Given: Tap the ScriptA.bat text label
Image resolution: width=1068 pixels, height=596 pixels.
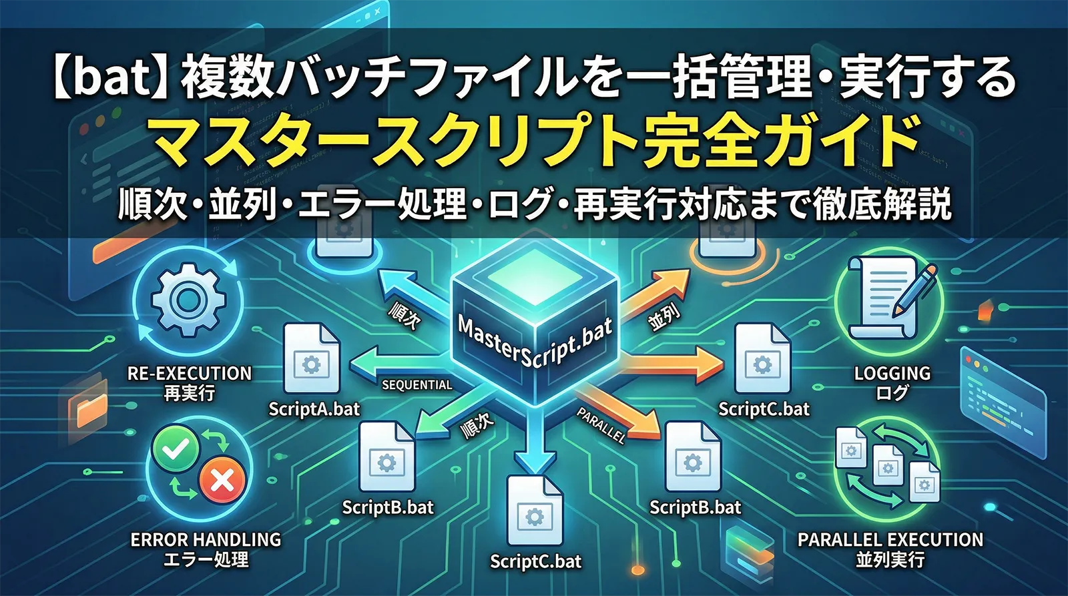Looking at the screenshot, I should tap(314, 408).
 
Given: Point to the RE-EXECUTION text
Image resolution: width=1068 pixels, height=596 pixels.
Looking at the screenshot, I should tap(190, 373).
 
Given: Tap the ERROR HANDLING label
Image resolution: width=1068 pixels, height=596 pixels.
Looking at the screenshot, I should tap(206, 539).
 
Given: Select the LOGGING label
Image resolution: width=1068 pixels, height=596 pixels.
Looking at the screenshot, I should tap(892, 373).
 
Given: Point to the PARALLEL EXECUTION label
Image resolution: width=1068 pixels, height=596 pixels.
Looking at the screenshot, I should tap(890, 539).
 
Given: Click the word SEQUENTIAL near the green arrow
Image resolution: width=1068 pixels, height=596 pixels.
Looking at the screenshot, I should tap(417, 385).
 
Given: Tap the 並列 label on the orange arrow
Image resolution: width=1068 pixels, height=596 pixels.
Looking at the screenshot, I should tap(663, 316).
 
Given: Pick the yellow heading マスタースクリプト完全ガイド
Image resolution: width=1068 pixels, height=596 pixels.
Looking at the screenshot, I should tap(534, 141).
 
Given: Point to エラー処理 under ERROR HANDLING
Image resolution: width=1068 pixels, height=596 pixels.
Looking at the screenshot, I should tap(206, 559).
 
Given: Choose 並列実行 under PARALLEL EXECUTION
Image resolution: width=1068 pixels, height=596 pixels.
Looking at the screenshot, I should tap(890, 559).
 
